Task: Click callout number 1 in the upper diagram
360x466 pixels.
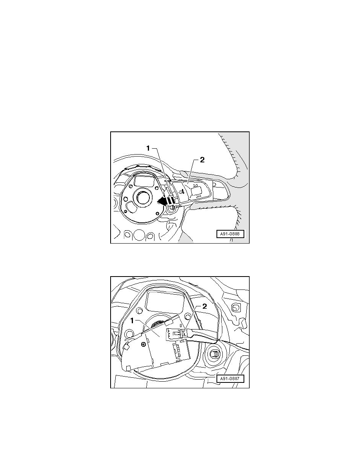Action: pos(148,148)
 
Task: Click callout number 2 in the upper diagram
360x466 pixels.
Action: pos(202,160)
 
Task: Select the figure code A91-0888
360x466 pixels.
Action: pos(229,234)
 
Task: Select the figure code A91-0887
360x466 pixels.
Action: pos(229,379)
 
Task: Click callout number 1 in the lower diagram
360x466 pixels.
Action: pos(133,321)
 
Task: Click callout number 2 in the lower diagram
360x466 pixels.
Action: pos(204,306)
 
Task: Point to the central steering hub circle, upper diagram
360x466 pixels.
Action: pos(143,196)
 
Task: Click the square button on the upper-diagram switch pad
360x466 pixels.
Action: pos(196,191)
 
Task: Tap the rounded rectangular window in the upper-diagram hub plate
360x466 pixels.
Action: pos(144,180)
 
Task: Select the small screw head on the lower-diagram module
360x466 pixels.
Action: pos(144,344)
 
